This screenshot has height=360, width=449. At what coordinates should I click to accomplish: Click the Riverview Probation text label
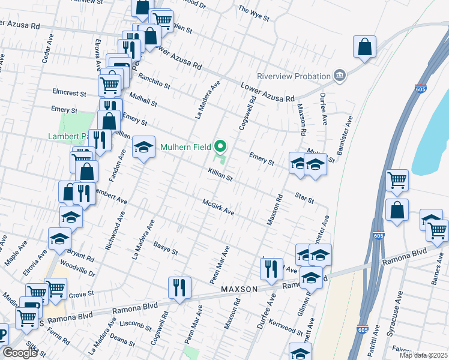click(294, 76)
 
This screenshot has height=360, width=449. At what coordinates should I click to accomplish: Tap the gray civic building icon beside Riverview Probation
click(340, 76)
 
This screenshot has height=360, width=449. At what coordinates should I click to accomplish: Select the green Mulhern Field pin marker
click(221, 146)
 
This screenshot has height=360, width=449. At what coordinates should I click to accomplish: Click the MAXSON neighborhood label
click(239, 289)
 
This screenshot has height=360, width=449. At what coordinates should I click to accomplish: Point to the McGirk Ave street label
click(217, 208)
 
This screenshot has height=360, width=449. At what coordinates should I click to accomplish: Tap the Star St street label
click(304, 197)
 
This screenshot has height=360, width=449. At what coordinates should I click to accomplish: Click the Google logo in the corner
click(20, 353)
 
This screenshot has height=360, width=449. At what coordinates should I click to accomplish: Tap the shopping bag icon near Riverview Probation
click(364, 47)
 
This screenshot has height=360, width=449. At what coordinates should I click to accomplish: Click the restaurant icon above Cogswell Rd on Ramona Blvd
click(179, 287)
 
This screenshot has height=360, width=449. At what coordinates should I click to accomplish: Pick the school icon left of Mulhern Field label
click(143, 148)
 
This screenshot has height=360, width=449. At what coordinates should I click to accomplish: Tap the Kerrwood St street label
click(286, 328)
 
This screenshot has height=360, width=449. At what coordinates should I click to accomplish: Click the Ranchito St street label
click(154, 78)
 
